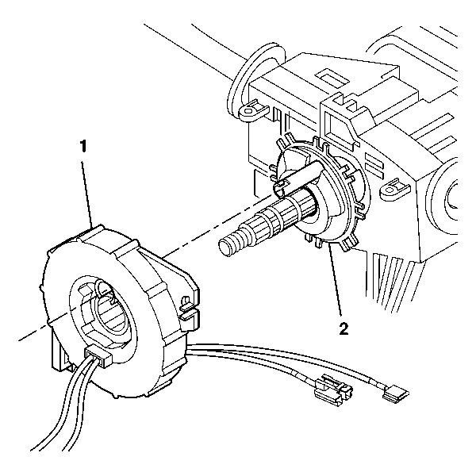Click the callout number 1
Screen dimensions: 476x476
[x=83, y=146]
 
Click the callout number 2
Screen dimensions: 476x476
[x=344, y=328]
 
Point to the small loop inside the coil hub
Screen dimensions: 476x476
[x=103, y=290]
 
